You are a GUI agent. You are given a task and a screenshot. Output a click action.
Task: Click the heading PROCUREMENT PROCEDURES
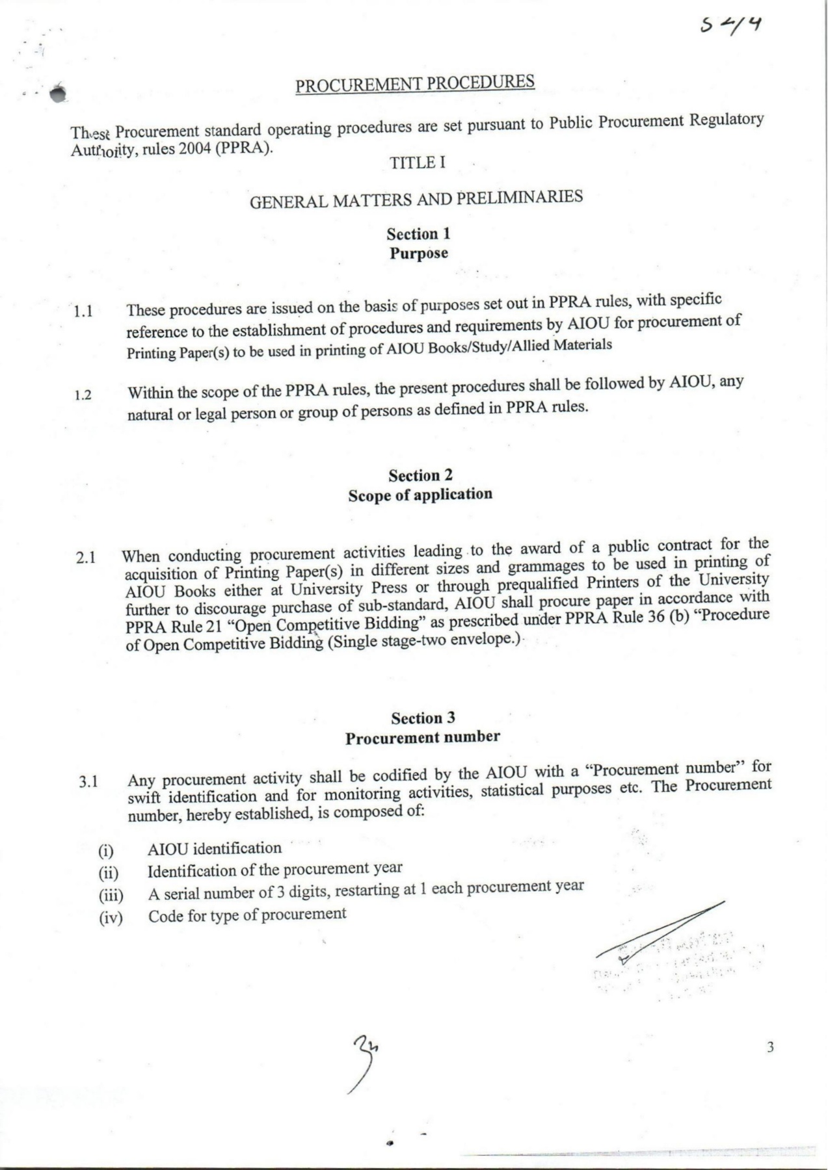pos(415,84)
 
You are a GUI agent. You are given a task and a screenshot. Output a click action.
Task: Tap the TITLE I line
pos(418,162)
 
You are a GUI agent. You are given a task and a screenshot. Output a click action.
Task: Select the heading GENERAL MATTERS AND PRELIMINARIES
pos(416,199)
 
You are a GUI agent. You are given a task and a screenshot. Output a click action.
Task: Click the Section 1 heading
pos(418,234)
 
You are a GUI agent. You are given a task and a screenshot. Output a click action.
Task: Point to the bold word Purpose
pos(419,253)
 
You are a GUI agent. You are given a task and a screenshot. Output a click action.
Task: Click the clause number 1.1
pos(83,312)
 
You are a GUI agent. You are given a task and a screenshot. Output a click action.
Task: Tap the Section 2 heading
pos(420,476)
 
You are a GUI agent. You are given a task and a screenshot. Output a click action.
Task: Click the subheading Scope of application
pos(420,495)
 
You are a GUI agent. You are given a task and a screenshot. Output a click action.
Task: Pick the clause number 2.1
pos(86,558)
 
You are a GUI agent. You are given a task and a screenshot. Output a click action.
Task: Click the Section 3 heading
pos(423,718)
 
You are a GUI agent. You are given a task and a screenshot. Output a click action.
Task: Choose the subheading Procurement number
pos(423,738)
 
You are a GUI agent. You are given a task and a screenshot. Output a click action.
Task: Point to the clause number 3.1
pos(88,782)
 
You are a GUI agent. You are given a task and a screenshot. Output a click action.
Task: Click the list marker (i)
pos(106,851)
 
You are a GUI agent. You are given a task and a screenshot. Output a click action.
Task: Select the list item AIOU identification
pos(215,849)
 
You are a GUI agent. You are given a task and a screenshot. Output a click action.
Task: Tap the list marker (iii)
pos(110,896)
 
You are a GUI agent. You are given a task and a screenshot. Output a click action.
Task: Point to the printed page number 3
pos(771,1047)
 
